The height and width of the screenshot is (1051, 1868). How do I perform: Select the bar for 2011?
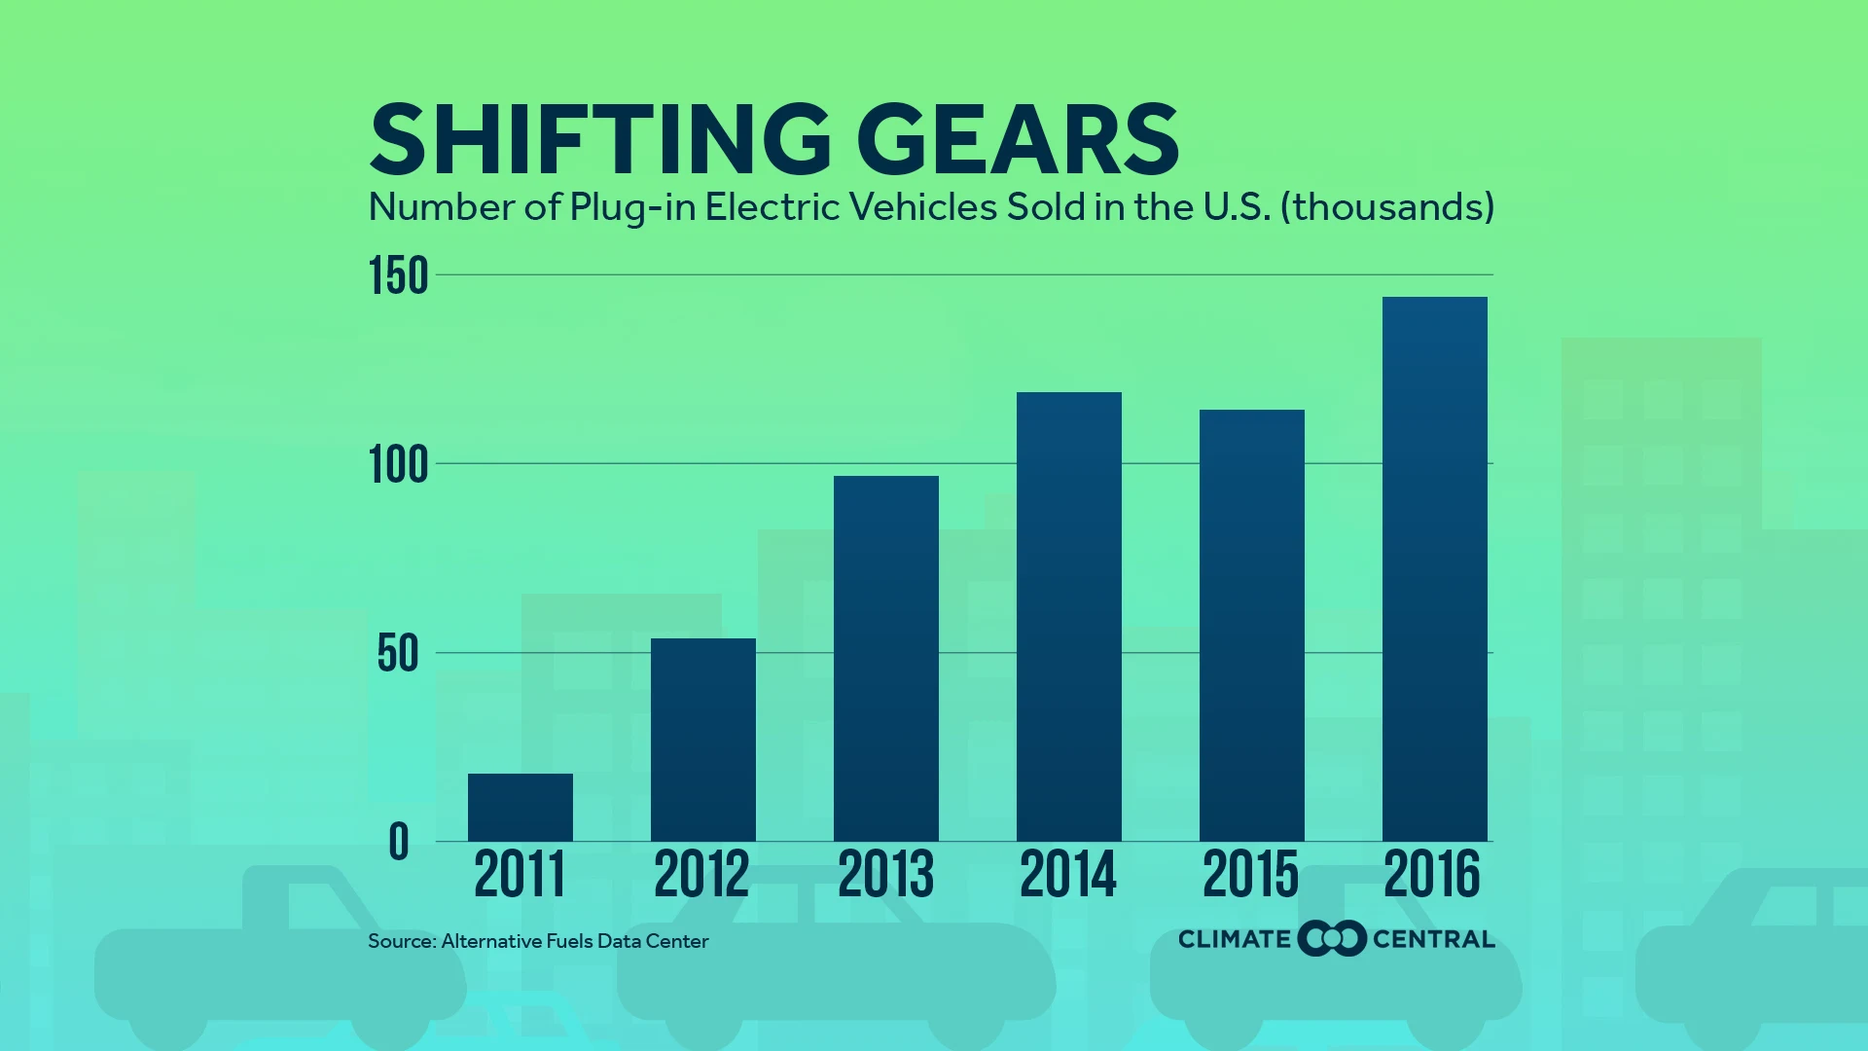point(520,807)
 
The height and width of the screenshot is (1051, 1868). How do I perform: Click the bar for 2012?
point(702,740)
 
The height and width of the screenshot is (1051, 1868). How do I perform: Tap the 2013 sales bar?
point(885,658)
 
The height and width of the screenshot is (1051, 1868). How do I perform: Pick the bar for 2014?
point(1068,616)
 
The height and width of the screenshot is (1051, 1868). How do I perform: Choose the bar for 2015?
point(1251,625)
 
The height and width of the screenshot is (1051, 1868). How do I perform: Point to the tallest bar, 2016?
point(1434,568)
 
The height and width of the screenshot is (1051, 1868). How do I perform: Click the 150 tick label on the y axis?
point(399,276)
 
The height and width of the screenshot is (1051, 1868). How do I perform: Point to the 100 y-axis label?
point(399,465)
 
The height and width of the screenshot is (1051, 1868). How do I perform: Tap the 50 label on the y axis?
point(398,654)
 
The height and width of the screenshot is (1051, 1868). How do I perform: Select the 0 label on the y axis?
point(399,843)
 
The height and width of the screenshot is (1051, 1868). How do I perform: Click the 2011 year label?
point(520,874)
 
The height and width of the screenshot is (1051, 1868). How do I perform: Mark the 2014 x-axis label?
point(1068,874)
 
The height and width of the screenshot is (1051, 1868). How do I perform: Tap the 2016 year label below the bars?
point(1432,874)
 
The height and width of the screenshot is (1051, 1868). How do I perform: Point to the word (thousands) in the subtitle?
point(1386,207)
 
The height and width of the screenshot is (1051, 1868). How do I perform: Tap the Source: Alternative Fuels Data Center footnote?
point(538,941)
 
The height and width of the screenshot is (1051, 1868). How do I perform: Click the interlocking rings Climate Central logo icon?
point(1332,938)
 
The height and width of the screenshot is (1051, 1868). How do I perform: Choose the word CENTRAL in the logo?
point(1433,939)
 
